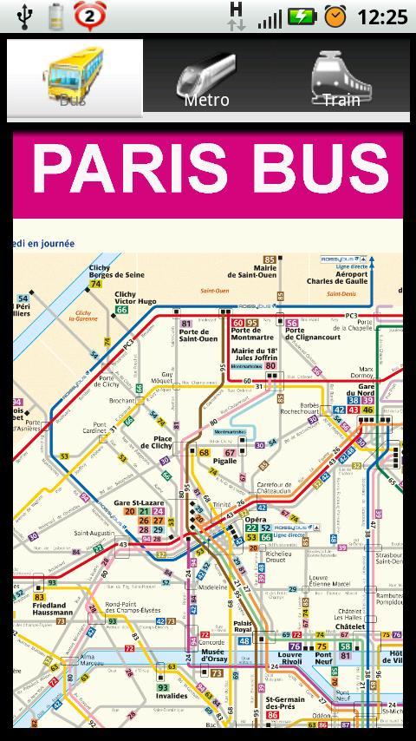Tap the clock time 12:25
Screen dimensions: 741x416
tap(381, 16)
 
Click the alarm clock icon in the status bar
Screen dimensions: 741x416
tap(335, 16)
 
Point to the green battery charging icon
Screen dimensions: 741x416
tap(302, 16)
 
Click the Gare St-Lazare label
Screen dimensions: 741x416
tap(139, 503)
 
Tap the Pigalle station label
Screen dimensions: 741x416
tap(224, 462)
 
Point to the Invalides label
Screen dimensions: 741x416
tap(172, 696)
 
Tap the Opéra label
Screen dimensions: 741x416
tap(256, 520)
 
